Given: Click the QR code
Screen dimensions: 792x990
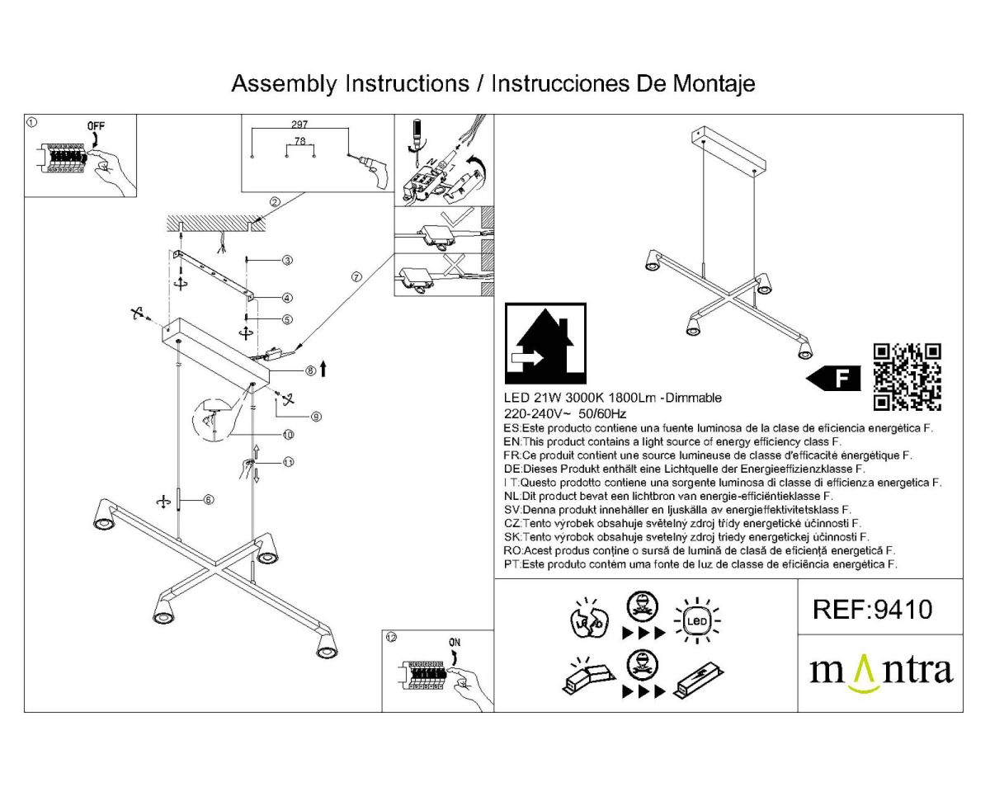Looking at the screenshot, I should pyautogui.click(x=907, y=376).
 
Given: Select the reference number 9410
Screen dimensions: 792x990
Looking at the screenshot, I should pyautogui.click(x=873, y=609).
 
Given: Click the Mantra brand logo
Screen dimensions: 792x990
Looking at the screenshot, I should pyautogui.click(x=880, y=670).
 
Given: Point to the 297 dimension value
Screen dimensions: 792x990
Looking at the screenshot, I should pyautogui.click(x=299, y=124).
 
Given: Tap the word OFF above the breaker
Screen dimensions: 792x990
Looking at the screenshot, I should pyautogui.click(x=97, y=126).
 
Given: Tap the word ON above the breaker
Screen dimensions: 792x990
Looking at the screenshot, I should pyautogui.click(x=455, y=642).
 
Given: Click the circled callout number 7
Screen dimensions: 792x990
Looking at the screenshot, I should pyautogui.click(x=356, y=277).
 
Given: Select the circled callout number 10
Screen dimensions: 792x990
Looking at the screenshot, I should pyautogui.click(x=288, y=434).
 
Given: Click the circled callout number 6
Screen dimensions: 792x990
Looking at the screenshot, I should pyautogui.click(x=208, y=499).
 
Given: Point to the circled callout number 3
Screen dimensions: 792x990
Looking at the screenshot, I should pyautogui.click(x=286, y=261).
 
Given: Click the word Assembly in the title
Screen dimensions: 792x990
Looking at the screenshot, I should pyautogui.click(x=285, y=83).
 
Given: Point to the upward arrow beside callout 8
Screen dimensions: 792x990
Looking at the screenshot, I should pyautogui.click(x=323, y=369).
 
